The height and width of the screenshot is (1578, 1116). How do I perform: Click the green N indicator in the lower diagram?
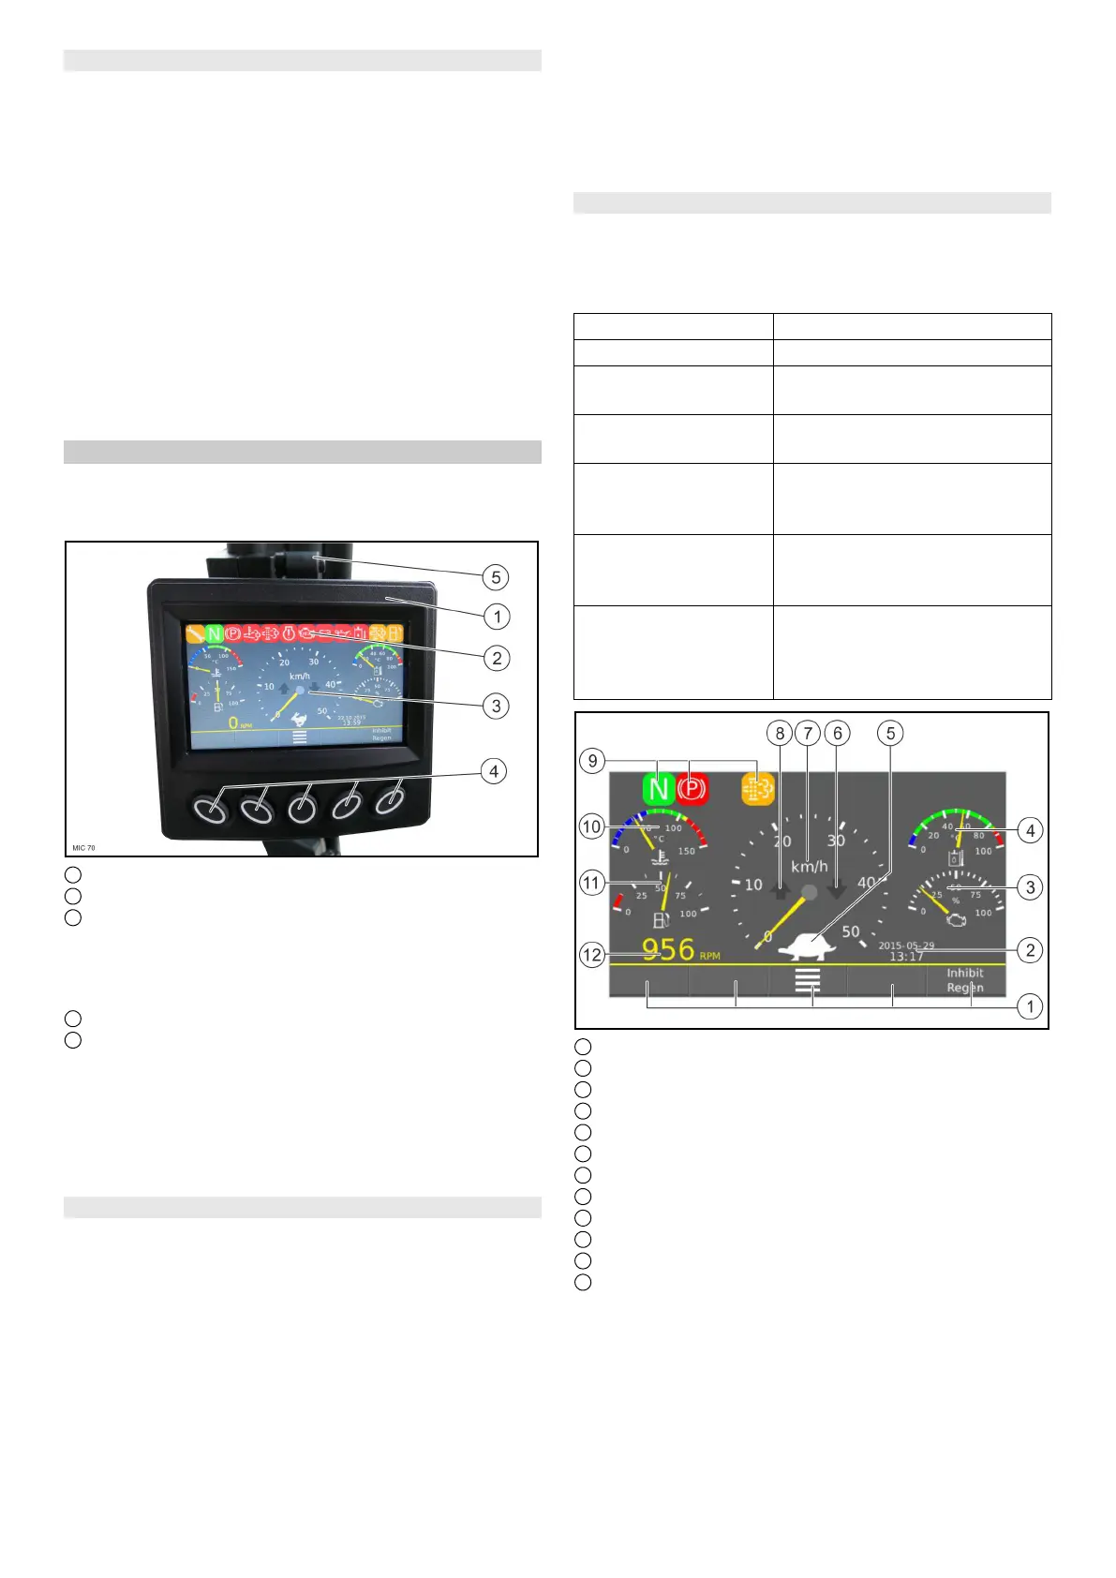pos(660,789)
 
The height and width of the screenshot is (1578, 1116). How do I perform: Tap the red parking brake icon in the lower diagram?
pos(691,789)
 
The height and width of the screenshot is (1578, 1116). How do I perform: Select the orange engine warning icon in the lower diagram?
pos(758,789)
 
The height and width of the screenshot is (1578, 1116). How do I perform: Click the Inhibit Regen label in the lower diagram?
pos(964,980)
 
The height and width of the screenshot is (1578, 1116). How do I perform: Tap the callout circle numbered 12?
pos(592,956)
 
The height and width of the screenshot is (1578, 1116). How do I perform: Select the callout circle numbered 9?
pos(592,761)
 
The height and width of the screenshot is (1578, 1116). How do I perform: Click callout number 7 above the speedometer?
pos(808,734)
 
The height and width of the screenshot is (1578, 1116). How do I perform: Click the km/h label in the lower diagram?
pos(809,867)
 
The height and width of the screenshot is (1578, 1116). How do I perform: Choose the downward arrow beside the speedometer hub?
pos(838,890)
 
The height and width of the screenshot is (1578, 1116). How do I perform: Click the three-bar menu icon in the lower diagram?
pos(808,980)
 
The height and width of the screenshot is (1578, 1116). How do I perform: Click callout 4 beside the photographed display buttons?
pos(493,772)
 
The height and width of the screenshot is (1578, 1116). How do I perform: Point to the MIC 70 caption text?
pos(84,848)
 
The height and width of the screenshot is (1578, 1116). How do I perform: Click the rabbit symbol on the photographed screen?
pos(300,719)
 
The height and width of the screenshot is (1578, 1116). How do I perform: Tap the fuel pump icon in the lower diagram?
pos(661,920)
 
